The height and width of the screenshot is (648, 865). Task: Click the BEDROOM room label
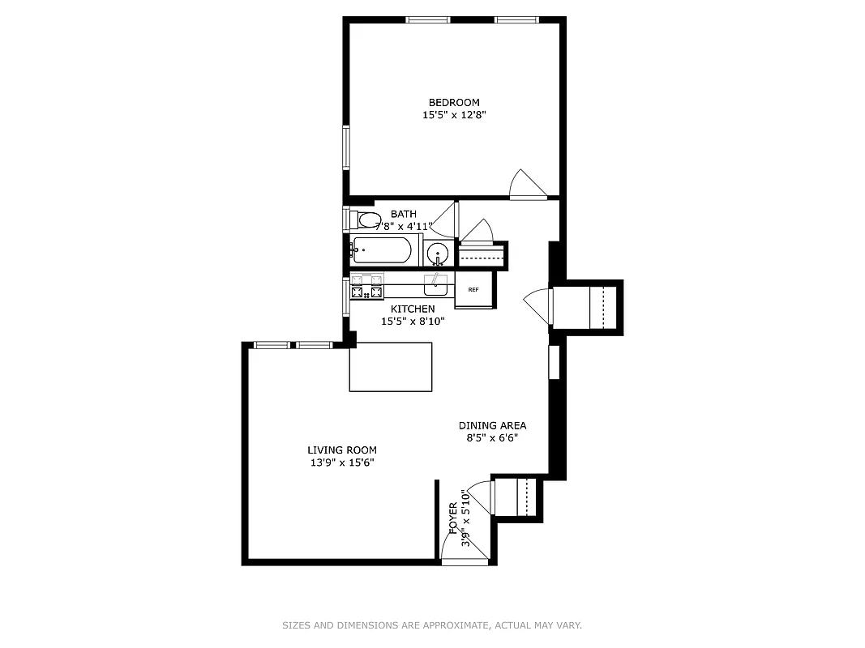(454, 102)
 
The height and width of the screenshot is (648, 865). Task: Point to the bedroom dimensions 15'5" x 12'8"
(454, 115)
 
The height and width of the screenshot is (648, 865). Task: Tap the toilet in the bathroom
(367, 220)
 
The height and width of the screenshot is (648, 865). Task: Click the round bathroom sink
(438, 254)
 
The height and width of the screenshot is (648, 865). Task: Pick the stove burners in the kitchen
(366, 286)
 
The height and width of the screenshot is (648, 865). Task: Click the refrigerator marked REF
(473, 290)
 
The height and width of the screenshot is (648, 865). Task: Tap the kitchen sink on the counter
(436, 283)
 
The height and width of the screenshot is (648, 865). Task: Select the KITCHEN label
(413, 309)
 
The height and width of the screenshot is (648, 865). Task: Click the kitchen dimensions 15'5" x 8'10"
(413, 321)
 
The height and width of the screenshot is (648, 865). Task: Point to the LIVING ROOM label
(341, 450)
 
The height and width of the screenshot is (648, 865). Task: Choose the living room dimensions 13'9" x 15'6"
(341, 463)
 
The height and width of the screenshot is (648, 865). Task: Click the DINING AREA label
(492, 425)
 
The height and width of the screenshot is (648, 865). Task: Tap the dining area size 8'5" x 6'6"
(492, 438)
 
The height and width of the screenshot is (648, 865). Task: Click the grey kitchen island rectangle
(391, 366)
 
